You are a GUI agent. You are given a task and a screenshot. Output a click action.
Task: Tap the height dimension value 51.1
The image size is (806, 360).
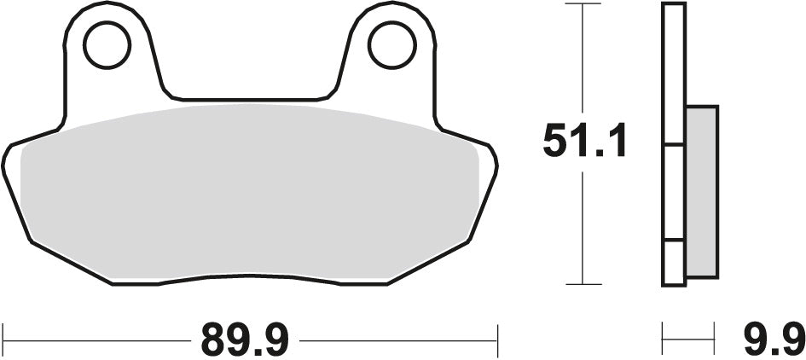click(585, 142)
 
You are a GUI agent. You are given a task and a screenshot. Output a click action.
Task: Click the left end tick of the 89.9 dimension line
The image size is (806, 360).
click(4, 340)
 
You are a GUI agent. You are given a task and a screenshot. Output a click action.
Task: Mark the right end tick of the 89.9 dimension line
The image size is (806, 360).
click(496, 340)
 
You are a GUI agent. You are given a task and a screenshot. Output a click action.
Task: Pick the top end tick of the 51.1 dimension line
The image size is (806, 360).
click(582, 4)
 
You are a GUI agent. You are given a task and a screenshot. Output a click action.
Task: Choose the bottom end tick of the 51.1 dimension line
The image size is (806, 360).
click(582, 283)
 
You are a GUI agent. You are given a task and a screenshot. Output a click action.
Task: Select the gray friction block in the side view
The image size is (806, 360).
click(701, 191)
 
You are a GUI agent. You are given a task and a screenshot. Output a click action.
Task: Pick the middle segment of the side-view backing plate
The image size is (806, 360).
click(674, 191)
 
